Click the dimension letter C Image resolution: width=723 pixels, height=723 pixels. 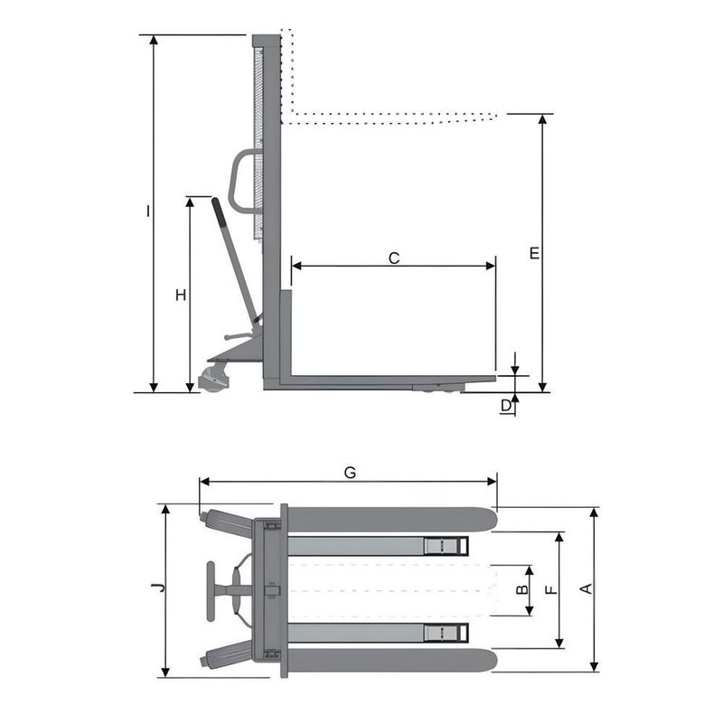(394, 258)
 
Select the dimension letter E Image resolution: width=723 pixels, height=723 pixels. (534, 254)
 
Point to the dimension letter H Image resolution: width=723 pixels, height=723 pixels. (181, 296)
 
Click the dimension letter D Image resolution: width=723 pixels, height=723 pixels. (507, 406)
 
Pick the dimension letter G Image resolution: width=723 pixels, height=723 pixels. (351, 472)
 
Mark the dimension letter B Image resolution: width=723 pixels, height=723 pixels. (521, 590)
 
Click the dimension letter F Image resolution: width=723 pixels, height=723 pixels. (551, 590)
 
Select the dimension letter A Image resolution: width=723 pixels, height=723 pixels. (585, 589)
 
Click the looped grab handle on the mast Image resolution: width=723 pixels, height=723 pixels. (242, 182)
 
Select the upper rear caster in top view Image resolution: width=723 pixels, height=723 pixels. (217, 522)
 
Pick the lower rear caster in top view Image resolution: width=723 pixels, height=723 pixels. (217, 658)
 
